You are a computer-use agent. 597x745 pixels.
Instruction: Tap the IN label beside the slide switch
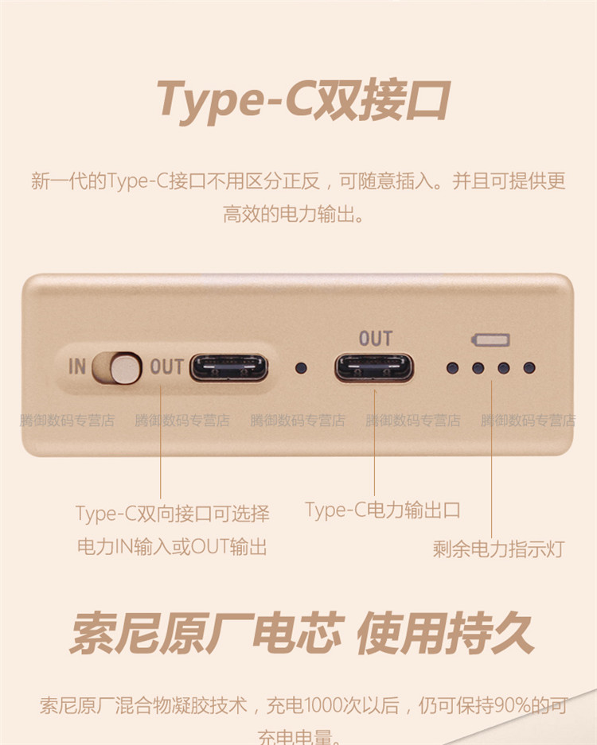tap(77, 367)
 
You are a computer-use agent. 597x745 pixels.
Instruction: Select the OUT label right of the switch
tap(166, 367)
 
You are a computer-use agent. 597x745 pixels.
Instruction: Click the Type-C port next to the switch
tap(228, 367)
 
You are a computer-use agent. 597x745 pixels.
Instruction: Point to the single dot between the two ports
tap(301, 368)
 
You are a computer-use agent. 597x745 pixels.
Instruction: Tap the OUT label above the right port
tap(375, 339)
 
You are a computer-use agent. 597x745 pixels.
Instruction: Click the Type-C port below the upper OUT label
tap(374, 368)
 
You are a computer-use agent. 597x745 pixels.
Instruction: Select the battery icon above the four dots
tap(491, 340)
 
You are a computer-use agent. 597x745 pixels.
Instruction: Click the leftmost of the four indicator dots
tap(452, 368)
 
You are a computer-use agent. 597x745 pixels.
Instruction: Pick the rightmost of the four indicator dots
tap(529, 368)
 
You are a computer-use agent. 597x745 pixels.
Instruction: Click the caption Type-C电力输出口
tap(382, 510)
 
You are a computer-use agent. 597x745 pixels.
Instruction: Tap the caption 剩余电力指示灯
tap(498, 549)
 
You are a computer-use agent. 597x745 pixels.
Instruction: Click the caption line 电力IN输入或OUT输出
tap(171, 547)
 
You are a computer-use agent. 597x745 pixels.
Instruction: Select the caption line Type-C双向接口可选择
tap(173, 514)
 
